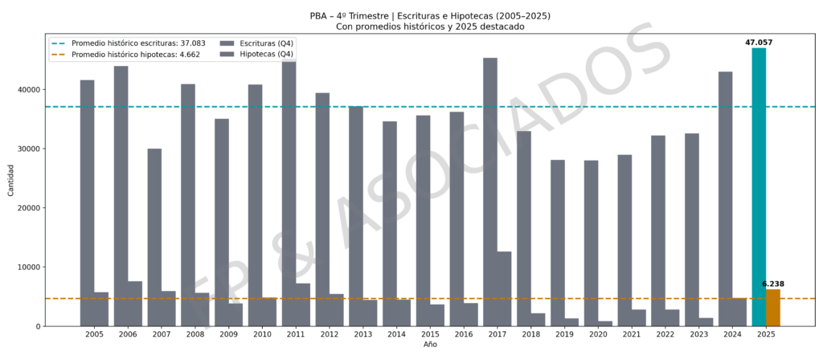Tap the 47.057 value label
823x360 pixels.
(x=759, y=42)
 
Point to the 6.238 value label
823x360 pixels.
(x=773, y=284)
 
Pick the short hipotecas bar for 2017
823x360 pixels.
(x=504, y=288)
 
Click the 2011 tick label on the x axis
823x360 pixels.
(x=296, y=333)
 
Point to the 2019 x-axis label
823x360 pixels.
(x=564, y=333)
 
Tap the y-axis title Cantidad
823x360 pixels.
(x=10, y=180)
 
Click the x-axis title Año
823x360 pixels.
(x=431, y=345)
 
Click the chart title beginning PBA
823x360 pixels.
(x=431, y=15)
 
